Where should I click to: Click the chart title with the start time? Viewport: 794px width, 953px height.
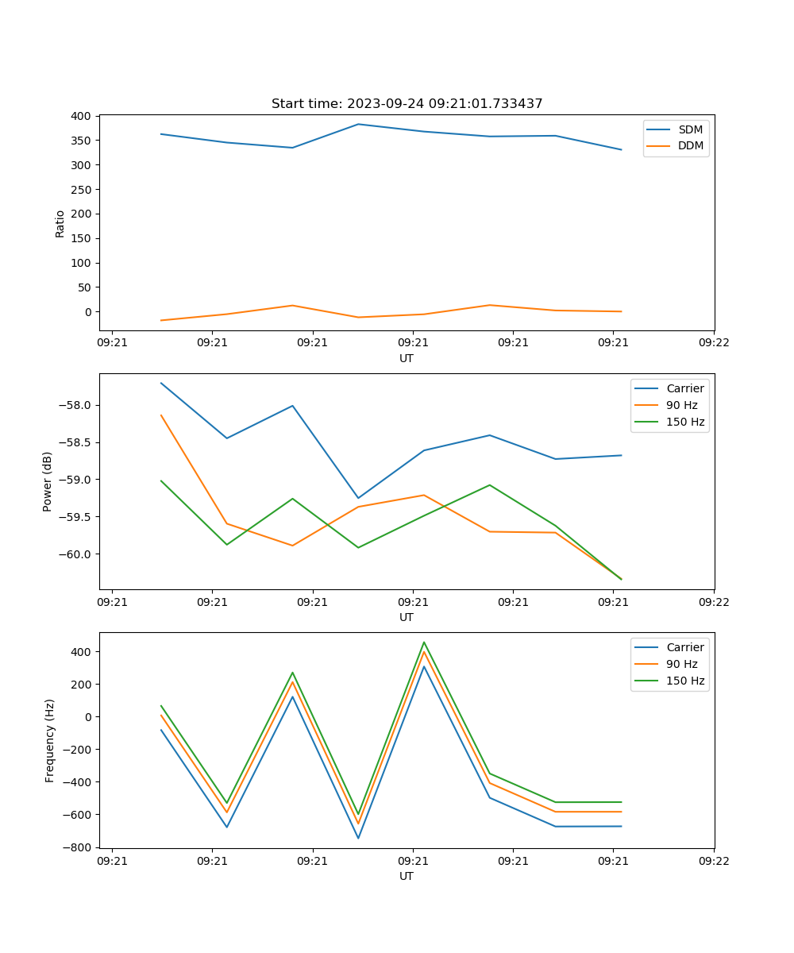point(407,104)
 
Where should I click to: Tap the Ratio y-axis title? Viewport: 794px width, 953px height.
point(60,223)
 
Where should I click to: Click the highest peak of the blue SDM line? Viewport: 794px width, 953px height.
point(358,124)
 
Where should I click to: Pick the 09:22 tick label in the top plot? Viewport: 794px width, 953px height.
point(713,342)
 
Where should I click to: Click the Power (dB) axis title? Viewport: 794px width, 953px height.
point(48,481)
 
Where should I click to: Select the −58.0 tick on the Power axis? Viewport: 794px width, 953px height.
point(75,406)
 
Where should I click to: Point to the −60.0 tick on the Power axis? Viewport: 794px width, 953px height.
point(75,554)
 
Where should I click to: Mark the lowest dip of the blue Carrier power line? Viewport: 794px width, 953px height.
point(358,498)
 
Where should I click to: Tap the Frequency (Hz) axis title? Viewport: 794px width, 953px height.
point(50,740)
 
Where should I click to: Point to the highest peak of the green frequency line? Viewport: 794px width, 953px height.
point(424,642)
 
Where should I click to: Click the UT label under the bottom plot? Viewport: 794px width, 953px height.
point(407,876)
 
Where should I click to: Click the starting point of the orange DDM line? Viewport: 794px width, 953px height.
point(161,320)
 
